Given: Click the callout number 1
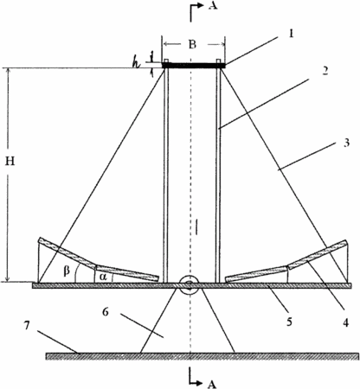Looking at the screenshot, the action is point(292,34).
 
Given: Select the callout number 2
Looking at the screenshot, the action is point(325,70).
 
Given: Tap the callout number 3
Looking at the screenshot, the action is point(346,143).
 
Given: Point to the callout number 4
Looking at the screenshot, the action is point(345,322).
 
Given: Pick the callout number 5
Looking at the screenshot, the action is point(289,322).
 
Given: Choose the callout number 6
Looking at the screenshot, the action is point(106,312).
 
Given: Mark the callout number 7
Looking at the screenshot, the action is point(27,326).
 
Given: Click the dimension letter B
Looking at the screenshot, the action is point(192,44).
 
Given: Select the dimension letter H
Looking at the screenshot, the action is point(10,162).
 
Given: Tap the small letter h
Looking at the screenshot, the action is point(136,64).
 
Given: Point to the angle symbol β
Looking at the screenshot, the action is point(67,271).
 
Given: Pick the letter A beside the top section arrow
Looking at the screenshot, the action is point(212,5).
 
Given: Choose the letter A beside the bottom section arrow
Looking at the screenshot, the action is point(212,384).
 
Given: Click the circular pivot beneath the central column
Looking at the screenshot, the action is point(190,285).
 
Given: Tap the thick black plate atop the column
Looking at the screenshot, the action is point(194,66).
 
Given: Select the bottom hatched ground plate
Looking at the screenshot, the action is point(202,356).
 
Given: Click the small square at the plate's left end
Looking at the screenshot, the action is point(166,61).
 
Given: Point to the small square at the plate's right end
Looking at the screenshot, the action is point(219,61).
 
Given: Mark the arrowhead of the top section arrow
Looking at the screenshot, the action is point(202,6).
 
